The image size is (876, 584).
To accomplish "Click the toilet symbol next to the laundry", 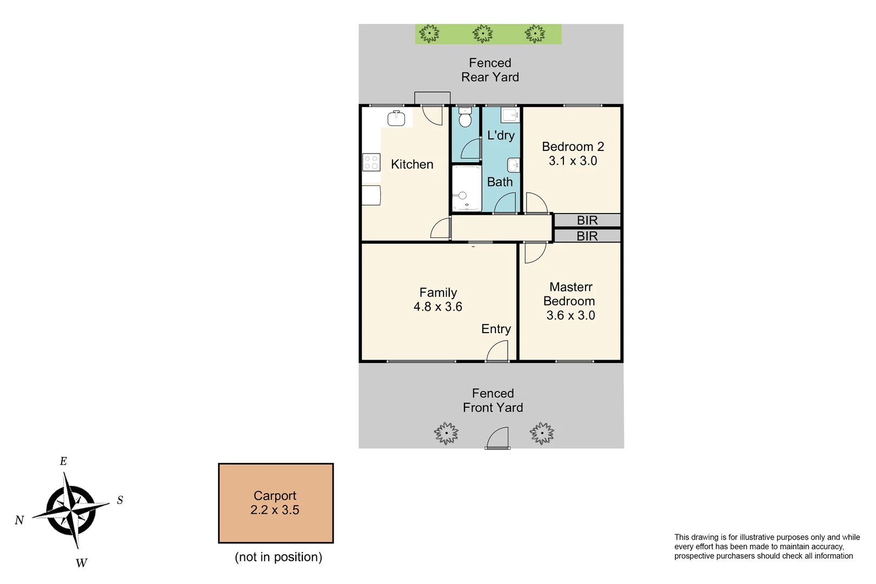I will (x=465, y=118).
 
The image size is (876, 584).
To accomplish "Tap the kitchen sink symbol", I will (x=396, y=118).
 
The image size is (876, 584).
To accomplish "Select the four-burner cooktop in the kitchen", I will (x=371, y=162).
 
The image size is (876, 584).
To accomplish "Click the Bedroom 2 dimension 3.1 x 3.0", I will (x=573, y=161).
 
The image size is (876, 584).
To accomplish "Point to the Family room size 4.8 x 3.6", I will (x=437, y=307).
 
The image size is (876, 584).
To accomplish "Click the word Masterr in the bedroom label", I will (x=570, y=287).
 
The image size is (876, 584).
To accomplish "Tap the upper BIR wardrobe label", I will (x=587, y=221).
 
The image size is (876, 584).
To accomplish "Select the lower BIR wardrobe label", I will (x=587, y=236).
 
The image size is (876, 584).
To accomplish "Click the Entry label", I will (x=496, y=329).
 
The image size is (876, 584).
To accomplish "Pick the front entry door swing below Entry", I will (x=498, y=353).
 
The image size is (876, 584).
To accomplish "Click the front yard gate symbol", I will (x=498, y=439).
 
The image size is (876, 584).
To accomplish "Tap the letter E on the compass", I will (x=63, y=461).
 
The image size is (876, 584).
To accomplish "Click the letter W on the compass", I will (x=81, y=563).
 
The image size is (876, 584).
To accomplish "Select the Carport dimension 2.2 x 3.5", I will (x=275, y=510).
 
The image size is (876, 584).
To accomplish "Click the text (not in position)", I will (x=278, y=557).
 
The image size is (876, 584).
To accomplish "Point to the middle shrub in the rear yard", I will (x=483, y=34).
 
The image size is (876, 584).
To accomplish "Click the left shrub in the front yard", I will (x=446, y=434).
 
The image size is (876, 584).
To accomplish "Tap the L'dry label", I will (x=501, y=135).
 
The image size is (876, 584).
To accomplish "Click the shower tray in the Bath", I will (x=466, y=188).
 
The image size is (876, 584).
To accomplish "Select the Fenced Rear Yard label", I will (x=490, y=70).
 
